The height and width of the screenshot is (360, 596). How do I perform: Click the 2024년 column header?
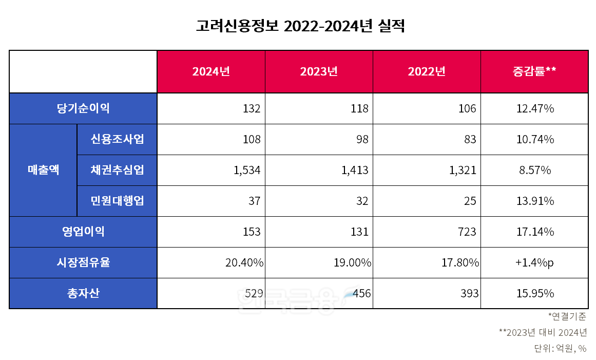tap(211, 72)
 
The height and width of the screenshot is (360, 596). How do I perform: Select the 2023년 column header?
tap(319, 72)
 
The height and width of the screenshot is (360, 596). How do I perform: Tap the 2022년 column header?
tap(427, 72)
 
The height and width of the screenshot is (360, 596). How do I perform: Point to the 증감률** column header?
tap(534, 72)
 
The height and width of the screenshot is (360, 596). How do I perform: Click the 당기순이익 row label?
tap(83, 108)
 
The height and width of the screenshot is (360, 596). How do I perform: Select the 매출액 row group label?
tap(43, 170)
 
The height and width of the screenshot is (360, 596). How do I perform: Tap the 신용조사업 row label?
tap(117, 139)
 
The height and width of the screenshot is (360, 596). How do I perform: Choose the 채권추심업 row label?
tap(117, 170)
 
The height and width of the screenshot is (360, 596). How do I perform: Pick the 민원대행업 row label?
tap(117, 201)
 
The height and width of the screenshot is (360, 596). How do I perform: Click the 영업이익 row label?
tap(83, 232)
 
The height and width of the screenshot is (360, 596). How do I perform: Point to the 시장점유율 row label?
tap(83, 262)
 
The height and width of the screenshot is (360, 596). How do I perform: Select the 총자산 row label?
tap(83, 293)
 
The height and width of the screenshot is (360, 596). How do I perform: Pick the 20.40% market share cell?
tap(244, 262)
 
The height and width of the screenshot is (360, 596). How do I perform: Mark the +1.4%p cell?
tap(534, 262)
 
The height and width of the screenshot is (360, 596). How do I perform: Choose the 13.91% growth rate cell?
tap(534, 201)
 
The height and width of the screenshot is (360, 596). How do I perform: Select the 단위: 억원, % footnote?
tap(560, 348)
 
